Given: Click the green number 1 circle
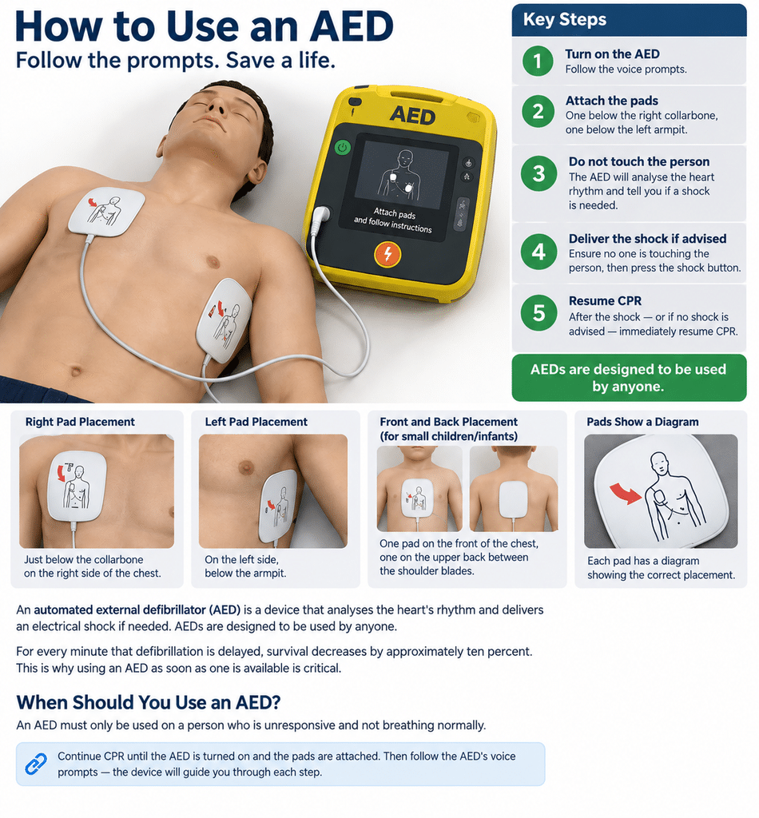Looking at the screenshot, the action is click(x=538, y=61).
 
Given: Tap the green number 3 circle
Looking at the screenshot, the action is click(x=538, y=173).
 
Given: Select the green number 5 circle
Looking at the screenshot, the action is click(x=538, y=313).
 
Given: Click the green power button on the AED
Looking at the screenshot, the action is click(x=342, y=148).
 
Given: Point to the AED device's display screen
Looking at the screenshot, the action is click(x=402, y=175).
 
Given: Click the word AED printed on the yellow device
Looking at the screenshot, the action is click(x=412, y=115).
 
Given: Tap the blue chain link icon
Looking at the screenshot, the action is click(x=35, y=764).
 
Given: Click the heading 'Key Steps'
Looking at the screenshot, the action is click(x=564, y=19).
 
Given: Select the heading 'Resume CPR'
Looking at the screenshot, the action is click(x=605, y=301).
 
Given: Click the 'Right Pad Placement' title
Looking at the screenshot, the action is click(x=80, y=422).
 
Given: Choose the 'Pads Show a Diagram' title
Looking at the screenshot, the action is click(x=642, y=422).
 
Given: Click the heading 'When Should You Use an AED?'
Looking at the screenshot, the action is click(x=149, y=702).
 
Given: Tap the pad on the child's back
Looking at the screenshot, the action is click(x=514, y=498).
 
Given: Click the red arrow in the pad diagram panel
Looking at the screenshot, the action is click(x=626, y=493).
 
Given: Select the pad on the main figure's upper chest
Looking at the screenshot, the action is click(x=106, y=211).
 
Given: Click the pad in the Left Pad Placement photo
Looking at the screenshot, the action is click(x=277, y=506).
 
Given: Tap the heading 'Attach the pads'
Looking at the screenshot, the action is click(x=612, y=100).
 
